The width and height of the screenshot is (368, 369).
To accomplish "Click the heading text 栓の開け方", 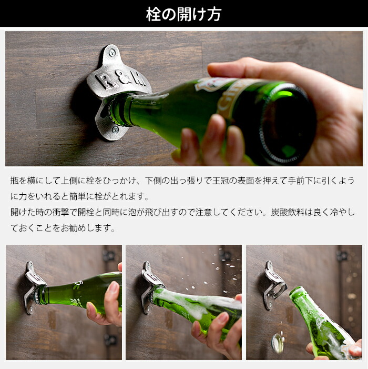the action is (183, 14).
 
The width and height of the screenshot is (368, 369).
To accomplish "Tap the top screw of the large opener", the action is (112, 52).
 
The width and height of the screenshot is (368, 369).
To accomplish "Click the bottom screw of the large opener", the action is (115, 129).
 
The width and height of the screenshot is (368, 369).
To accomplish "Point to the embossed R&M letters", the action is (120, 79).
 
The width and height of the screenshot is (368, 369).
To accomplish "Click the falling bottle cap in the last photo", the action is (278, 344).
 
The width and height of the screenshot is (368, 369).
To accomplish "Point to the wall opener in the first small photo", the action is (33, 287).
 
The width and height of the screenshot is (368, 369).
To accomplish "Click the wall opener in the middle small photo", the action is (150, 287).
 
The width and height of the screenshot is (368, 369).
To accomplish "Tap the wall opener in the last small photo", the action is (274, 285).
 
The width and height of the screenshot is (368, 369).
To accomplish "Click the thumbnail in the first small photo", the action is (114, 287).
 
